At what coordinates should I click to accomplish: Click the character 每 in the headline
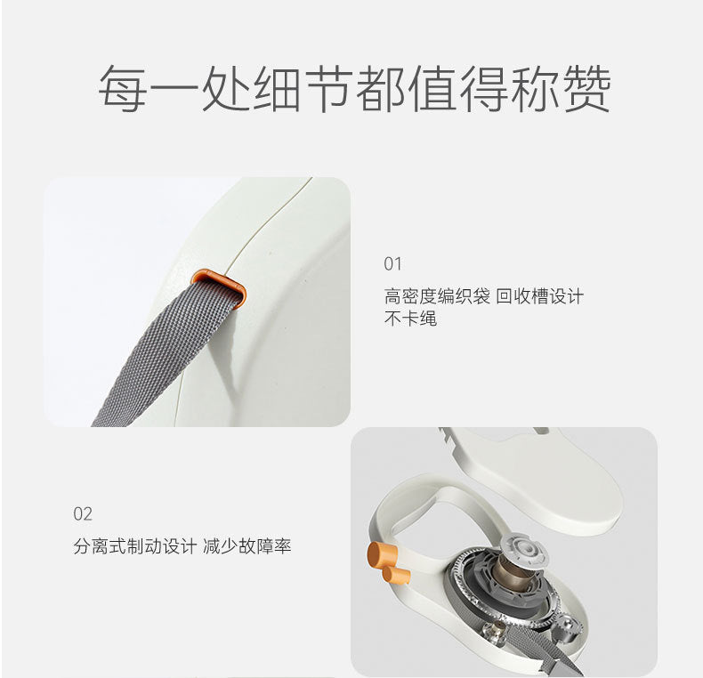click(x=123, y=88)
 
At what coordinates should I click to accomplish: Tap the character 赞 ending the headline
click(x=586, y=88)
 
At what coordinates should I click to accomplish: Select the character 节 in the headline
click(x=328, y=88)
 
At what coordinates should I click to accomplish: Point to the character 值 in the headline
click(x=432, y=88)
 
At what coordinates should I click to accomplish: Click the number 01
click(x=392, y=263)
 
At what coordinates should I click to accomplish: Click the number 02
click(x=83, y=513)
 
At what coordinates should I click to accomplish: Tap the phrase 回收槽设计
click(x=540, y=296)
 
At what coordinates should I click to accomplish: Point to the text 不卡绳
click(x=410, y=319)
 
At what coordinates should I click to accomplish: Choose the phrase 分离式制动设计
click(x=135, y=546)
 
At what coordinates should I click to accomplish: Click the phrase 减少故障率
click(x=247, y=546)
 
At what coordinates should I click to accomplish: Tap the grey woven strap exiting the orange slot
click(x=165, y=353)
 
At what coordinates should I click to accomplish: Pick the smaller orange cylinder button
click(x=396, y=576)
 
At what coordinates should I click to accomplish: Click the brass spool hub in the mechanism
click(x=515, y=573)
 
